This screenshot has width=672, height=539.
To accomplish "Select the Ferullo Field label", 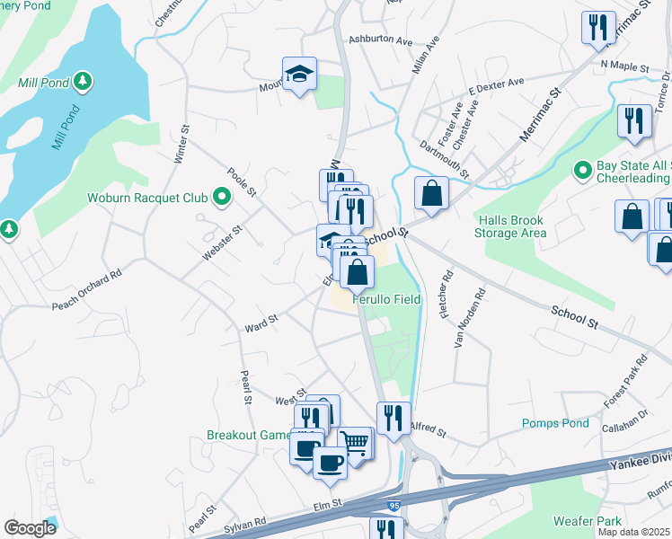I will [386, 299].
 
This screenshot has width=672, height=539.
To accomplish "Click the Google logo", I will [30, 528].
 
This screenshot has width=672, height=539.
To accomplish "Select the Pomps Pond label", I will [555, 423].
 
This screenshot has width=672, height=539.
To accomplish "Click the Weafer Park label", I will [588, 521].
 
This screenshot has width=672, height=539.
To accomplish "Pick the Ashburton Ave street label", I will [380, 40].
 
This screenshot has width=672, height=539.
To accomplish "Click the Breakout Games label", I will [250, 435].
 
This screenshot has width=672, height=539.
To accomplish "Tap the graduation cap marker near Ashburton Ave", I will [299, 74].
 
